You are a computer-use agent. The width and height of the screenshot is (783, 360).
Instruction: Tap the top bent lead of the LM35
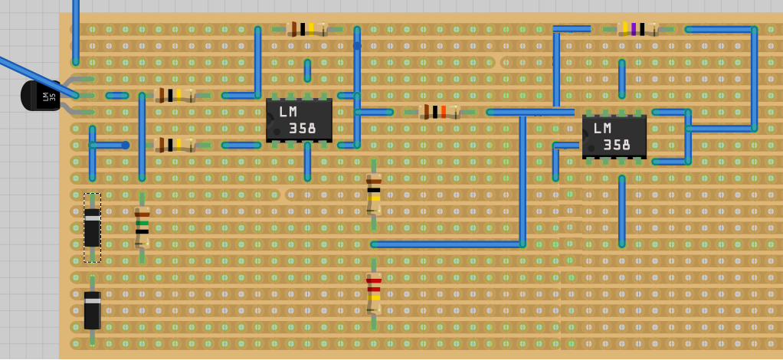pos(73,80)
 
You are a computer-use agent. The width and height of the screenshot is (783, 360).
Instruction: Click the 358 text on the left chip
pos(303,129)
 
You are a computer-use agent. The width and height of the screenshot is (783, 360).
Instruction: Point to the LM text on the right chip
pos(602,128)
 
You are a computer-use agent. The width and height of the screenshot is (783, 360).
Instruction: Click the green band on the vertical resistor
pos(142,223)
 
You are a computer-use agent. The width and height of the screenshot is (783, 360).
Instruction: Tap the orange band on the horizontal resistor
pos(444,112)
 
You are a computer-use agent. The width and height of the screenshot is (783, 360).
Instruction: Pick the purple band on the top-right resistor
pos(634,29)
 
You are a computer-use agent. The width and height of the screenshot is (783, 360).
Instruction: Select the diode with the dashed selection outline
pos(92,227)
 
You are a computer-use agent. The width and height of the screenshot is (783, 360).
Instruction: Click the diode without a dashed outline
pos(92,309)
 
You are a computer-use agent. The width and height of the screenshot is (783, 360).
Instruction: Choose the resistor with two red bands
pos(374,293)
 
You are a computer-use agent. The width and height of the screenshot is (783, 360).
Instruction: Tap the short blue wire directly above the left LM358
pos(307,70)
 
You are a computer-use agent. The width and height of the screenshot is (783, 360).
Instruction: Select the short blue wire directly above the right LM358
pos(621,79)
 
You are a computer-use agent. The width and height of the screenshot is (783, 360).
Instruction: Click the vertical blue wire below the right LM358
pos(621,211)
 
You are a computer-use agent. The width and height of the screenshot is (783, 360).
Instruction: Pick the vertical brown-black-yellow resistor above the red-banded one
pos(374,195)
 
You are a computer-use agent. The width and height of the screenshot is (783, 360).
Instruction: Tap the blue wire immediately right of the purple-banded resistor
pos(720,29)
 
